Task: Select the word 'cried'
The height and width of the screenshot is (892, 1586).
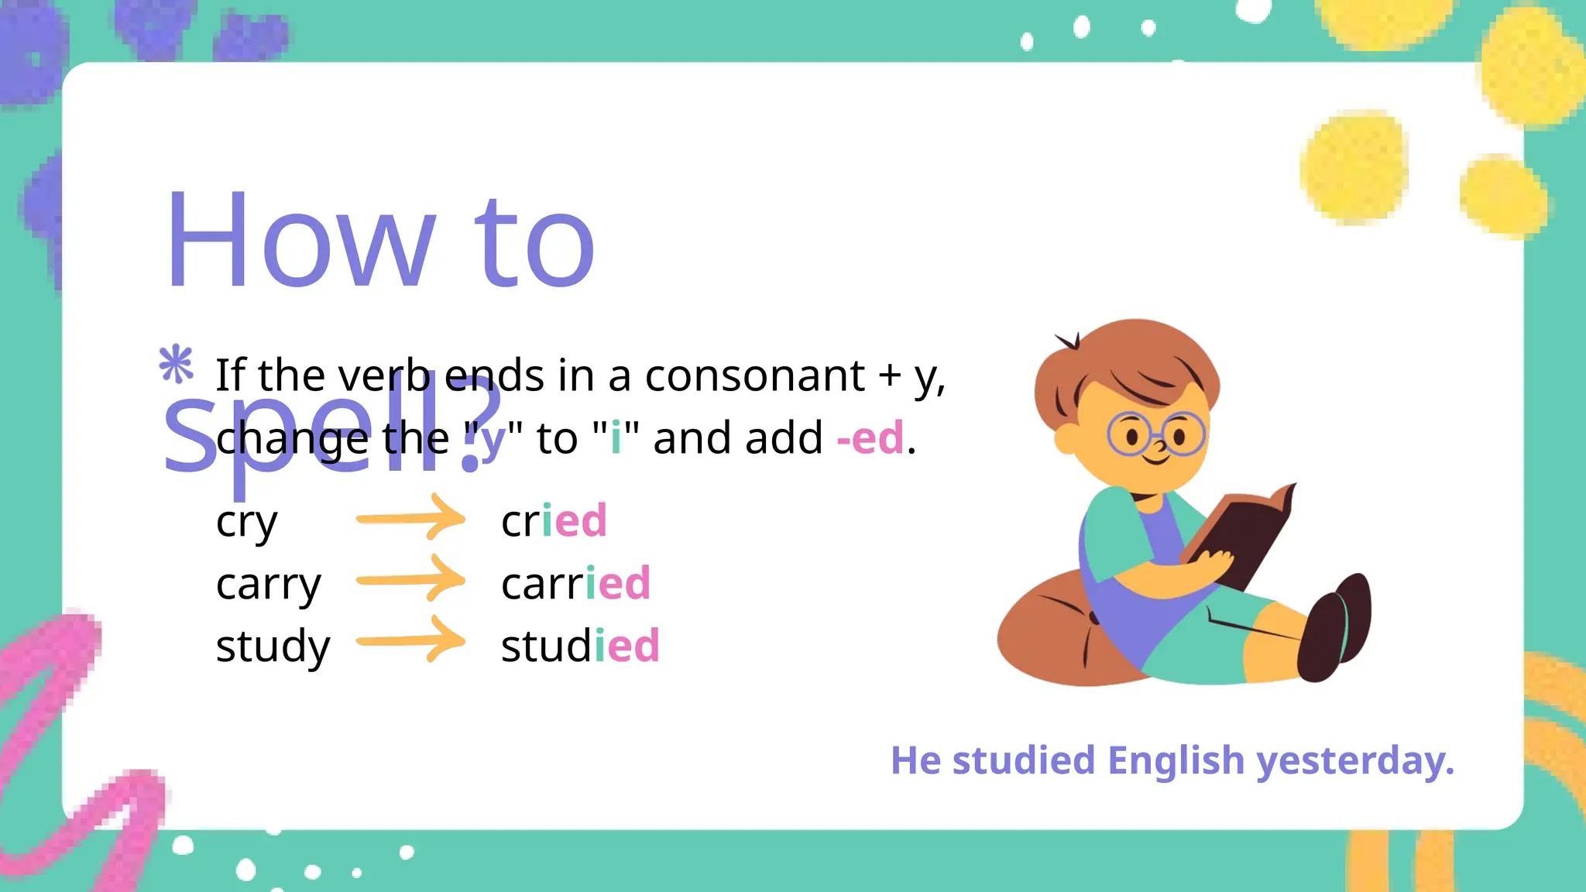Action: pos(554,520)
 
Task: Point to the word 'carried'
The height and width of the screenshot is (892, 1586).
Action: pos(575,583)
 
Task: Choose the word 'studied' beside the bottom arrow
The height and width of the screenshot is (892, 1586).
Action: pos(580,646)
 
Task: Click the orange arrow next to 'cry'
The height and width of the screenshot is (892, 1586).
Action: pos(410,518)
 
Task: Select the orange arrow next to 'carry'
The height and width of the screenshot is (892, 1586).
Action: pos(410,579)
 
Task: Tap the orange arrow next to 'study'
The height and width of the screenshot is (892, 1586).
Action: pos(410,640)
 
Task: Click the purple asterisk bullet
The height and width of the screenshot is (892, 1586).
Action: pos(177,363)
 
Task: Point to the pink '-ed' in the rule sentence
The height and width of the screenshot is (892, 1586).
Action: pos(870,437)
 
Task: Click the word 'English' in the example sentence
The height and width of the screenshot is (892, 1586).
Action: pos(1176,760)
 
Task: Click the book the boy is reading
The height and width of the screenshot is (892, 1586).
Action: pos(1242,534)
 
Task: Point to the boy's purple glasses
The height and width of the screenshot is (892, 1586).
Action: pos(1155,435)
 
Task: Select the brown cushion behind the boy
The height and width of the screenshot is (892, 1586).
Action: pos(1053,635)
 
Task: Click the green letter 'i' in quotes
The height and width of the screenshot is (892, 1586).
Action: pos(616,437)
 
